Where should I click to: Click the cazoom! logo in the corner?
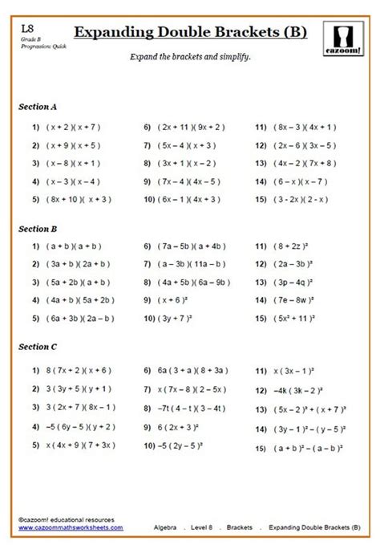click(346, 38)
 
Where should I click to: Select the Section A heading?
click(38, 106)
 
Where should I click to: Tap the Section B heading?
click(38, 229)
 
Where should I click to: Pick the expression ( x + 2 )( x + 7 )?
click(75, 127)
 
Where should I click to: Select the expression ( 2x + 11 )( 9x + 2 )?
click(191, 127)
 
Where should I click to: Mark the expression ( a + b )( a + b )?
click(75, 247)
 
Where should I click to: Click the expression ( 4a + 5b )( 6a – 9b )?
click(195, 283)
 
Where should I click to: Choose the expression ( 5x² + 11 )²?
click(297, 319)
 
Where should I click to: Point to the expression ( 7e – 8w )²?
click(296, 300)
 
